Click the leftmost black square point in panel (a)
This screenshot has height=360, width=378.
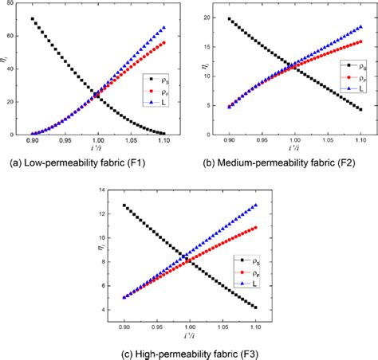(32, 19)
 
